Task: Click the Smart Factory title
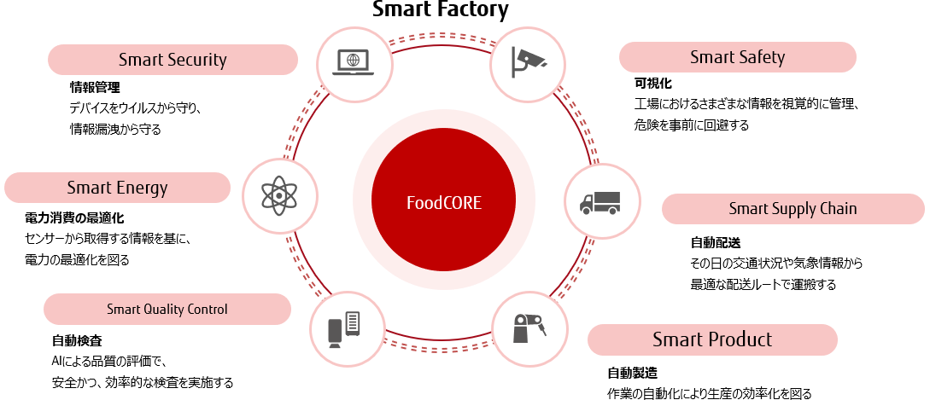(x=441, y=10)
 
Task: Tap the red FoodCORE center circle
(x=443, y=203)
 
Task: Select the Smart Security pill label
(x=173, y=60)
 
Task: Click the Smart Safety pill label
(x=737, y=57)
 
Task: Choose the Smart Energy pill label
(x=117, y=188)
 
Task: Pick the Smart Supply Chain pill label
(x=793, y=209)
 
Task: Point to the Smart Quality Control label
(x=167, y=309)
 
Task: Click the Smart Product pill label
(x=712, y=339)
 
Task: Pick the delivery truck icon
(x=600, y=202)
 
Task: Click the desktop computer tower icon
(x=346, y=328)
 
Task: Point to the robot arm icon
(x=529, y=329)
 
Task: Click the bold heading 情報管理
(x=95, y=87)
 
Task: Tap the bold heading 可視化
(x=653, y=84)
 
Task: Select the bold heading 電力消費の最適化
(x=74, y=218)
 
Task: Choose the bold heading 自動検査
(x=77, y=340)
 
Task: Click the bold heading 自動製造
(x=632, y=373)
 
